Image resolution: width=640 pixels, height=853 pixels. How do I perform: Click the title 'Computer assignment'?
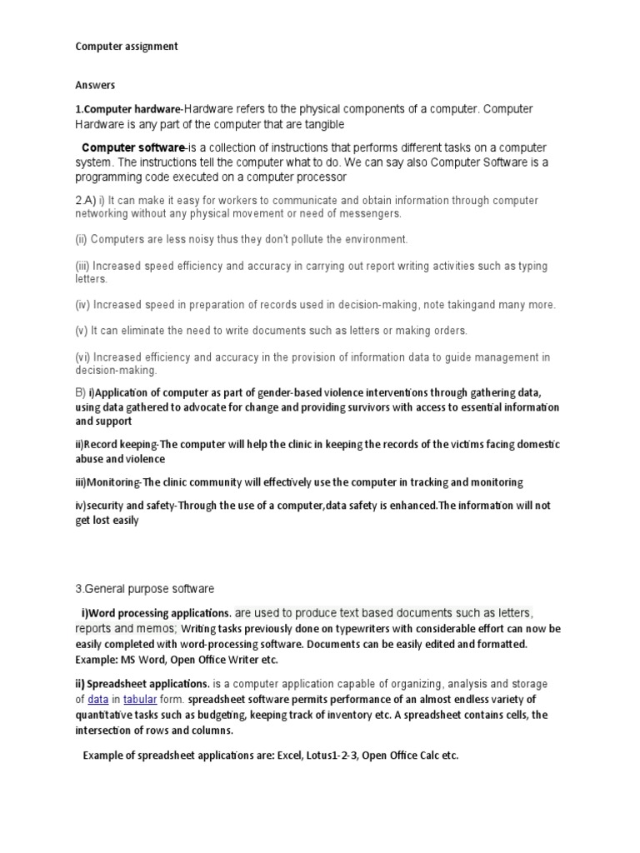[x=127, y=47]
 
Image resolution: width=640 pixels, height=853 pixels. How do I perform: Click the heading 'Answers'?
[x=95, y=85]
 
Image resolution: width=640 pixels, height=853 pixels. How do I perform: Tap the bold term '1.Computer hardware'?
[x=127, y=109]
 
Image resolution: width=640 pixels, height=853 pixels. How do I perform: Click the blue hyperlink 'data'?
[x=98, y=699]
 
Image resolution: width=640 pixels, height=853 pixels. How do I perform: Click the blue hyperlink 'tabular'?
[x=140, y=699]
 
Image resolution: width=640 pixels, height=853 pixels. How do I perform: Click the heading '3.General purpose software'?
[x=144, y=589]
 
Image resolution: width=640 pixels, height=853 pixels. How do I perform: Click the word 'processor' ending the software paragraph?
[x=320, y=177]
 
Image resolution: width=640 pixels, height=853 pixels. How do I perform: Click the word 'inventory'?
[x=377, y=715]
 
